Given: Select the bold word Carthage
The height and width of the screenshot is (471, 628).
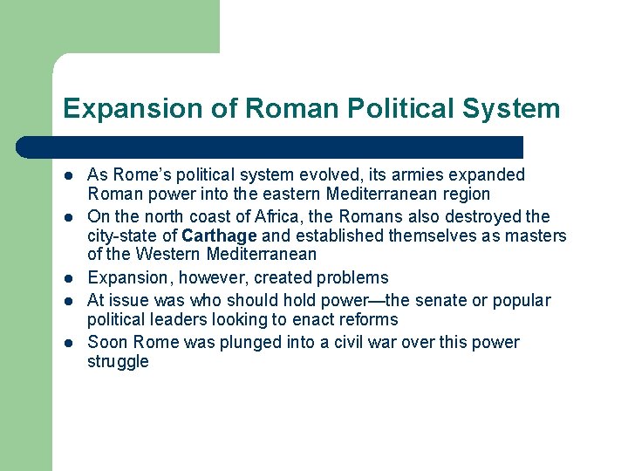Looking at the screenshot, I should [x=219, y=236].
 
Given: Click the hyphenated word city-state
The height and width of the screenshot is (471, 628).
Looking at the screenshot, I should [x=122, y=236].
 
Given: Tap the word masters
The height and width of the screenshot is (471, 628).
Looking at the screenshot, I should [x=538, y=236].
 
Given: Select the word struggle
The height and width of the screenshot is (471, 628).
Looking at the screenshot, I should [x=118, y=362].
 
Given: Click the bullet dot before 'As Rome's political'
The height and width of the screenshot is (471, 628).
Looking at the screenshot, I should [x=69, y=176].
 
